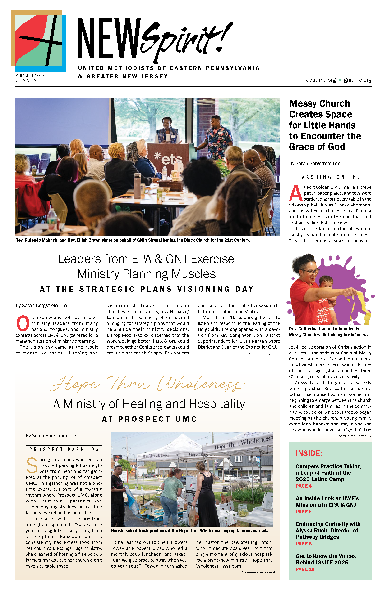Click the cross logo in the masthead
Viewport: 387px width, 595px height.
coord(39,41)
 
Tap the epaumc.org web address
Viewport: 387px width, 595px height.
coord(320,80)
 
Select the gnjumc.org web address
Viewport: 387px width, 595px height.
coord(357,80)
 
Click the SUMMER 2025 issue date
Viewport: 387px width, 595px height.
coord(30,76)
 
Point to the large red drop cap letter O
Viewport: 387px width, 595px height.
coord(23,323)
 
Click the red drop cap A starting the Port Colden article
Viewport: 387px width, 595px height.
coord(296,193)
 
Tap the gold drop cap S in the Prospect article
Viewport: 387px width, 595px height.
coord(32,465)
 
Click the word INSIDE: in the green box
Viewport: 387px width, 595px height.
coord(309,453)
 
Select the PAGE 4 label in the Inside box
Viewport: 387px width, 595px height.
coord(303,486)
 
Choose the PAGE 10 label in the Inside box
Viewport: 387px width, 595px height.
coord(305,569)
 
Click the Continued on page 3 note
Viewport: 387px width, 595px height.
coord(263,353)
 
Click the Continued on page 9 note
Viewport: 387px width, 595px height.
coord(258,572)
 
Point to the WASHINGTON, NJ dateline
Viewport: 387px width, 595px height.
coord(330,177)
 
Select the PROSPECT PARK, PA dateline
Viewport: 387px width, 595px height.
coord(64,449)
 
